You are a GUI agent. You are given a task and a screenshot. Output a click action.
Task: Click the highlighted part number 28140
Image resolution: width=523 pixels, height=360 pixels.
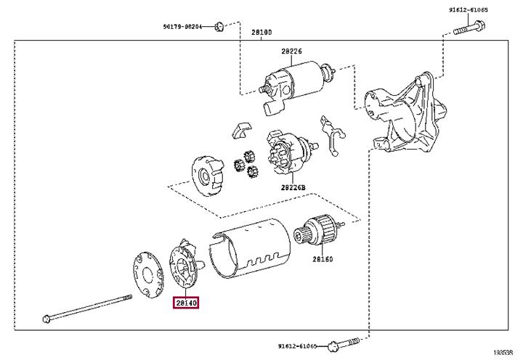[x=186, y=303]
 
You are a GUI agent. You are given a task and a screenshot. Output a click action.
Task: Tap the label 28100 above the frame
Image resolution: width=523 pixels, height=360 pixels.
[x=261, y=33]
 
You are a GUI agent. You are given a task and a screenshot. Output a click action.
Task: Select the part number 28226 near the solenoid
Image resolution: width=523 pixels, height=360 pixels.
[x=291, y=51]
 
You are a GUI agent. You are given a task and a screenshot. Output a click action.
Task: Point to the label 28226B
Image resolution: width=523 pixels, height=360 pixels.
[x=293, y=188]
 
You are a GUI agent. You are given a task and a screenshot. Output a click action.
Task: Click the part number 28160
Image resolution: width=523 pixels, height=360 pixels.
[x=323, y=258]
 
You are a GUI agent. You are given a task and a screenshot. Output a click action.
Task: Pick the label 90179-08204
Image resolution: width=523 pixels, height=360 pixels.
[x=182, y=26]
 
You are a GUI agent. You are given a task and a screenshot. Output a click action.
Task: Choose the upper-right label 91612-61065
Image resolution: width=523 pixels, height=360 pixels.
[x=468, y=9]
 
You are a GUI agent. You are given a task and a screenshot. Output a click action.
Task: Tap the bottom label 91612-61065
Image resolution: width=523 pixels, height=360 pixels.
[x=298, y=346]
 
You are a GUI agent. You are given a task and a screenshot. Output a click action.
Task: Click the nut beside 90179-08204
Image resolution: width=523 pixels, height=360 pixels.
[x=219, y=26]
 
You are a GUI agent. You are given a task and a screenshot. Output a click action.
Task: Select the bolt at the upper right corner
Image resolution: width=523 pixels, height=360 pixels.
[x=469, y=28]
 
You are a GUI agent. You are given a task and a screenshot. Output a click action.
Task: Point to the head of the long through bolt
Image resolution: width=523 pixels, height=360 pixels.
[x=47, y=319]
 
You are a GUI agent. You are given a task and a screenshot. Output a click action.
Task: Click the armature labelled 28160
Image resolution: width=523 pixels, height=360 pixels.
[x=319, y=229]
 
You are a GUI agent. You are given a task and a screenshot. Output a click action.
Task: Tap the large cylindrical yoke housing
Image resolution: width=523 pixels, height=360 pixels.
[x=250, y=248]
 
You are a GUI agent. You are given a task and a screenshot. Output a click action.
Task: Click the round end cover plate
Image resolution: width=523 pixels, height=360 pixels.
[x=147, y=274]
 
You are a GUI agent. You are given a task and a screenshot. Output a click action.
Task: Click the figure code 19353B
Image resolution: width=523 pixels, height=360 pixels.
[x=503, y=352]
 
